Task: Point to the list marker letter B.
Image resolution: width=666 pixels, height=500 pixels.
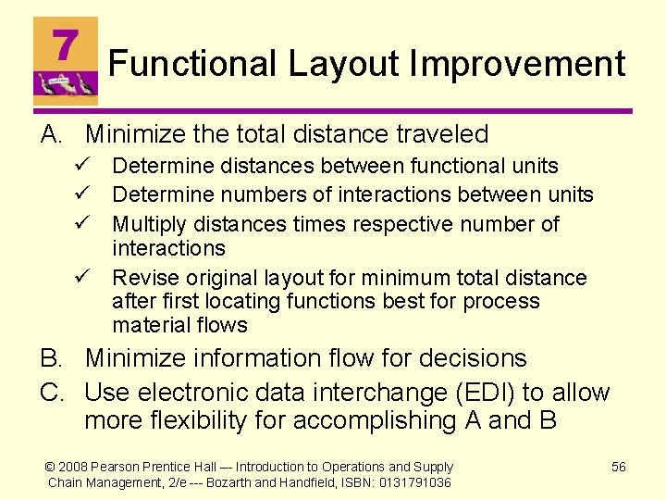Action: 52,358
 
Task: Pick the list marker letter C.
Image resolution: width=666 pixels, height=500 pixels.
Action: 52,392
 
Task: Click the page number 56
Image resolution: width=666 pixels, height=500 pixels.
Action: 619,468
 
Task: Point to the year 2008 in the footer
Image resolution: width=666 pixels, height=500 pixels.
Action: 77,468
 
